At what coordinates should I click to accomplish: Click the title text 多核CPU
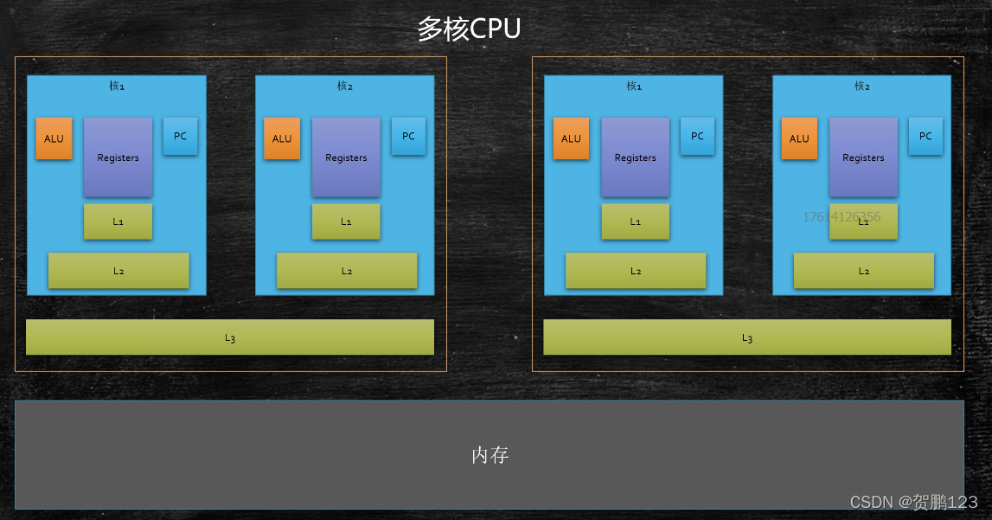point(469,29)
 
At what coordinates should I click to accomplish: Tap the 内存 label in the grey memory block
point(490,455)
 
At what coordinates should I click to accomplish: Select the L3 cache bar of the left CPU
point(229,337)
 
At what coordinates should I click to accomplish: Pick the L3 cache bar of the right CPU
point(746,337)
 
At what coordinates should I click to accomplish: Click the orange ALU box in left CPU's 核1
point(54,138)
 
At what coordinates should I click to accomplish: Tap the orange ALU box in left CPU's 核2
point(282,138)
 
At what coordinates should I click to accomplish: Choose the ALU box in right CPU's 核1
point(571,138)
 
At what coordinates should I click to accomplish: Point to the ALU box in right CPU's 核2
point(799,138)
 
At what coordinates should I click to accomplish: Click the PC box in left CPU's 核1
point(180,136)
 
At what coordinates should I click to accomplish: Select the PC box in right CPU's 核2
point(925,136)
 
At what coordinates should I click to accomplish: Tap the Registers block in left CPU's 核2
point(346,157)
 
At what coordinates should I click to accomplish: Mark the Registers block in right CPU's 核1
point(635,157)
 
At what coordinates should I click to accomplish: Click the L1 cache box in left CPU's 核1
point(118,221)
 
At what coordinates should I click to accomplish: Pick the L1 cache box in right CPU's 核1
point(636,221)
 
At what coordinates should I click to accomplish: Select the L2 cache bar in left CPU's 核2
point(347,271)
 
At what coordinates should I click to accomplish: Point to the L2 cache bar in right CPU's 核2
point(864,271)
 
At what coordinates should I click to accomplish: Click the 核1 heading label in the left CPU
point(117,87)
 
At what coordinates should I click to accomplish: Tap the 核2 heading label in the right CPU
point(862,87)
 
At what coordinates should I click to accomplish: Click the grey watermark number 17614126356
point(841,216)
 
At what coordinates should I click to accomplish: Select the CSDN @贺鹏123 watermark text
point(913,503)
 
